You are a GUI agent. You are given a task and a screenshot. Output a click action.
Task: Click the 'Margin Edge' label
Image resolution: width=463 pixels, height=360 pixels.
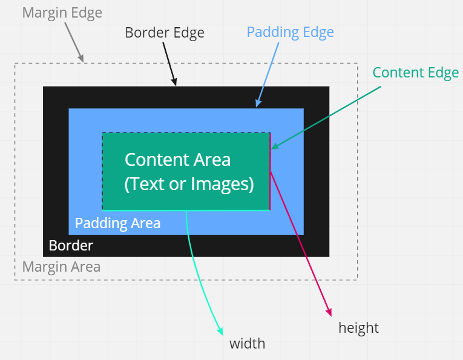click(x=62, y=13)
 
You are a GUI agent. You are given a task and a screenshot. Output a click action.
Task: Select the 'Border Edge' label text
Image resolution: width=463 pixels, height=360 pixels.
click(x=164, y=33)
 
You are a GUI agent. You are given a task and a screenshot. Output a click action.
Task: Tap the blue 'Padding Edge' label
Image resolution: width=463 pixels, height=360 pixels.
click(x=290, y=32)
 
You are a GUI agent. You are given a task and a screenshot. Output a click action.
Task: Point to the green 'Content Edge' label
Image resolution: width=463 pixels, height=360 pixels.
click(x=415, y=73)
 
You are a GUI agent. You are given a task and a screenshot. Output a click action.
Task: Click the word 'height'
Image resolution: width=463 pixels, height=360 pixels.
click(x=358, y=328)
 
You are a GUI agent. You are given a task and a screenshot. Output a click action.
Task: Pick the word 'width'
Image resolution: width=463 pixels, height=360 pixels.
click(x=247, y=344)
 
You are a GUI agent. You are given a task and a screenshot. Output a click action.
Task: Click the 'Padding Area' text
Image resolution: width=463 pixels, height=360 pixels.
click(x=117, y=223)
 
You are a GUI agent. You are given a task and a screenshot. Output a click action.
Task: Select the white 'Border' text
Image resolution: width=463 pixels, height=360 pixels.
click(x=71, y=246)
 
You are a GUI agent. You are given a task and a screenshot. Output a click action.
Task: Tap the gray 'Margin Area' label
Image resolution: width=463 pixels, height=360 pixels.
click(x=61, y=267)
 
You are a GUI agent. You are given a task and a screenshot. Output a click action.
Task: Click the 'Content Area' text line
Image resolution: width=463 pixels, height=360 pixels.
click(x=177, y=160)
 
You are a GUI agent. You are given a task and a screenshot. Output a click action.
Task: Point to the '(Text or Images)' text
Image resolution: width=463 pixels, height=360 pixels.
click(x=189, y=183)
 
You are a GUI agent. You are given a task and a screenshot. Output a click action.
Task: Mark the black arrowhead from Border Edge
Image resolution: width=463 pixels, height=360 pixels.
click(x=174, y=82)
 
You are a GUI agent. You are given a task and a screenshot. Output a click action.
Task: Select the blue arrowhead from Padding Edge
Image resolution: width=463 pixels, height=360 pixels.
click(x=258, y=104)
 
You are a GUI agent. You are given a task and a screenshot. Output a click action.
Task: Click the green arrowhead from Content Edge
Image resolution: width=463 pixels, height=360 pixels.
click(x=274, y=146)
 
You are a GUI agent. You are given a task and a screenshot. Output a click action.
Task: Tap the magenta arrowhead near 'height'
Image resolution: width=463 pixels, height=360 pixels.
click(x=329, y=312)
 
